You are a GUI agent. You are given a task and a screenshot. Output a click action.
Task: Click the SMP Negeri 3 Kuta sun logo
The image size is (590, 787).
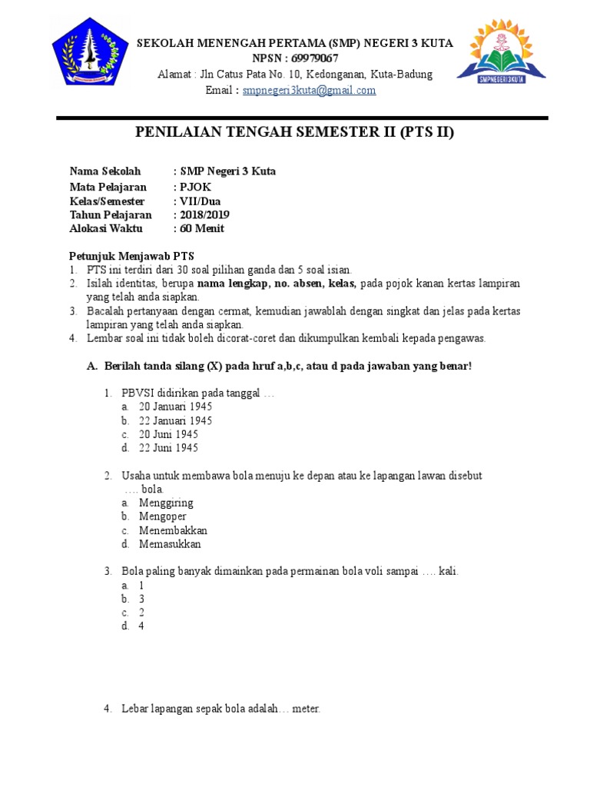pyautogui.click(x=501, y=55)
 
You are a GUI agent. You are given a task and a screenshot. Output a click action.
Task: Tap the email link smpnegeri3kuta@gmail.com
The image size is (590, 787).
pyautogui.click(x=309, y=91)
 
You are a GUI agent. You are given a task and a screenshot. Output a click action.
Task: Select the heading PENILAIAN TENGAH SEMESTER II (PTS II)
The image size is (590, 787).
pyautogui.click(x=295, y=132)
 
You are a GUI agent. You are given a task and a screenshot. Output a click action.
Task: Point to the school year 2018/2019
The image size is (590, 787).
pyautogui.click(x=204, y=215)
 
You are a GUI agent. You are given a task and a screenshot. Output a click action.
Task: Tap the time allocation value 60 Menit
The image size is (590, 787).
pyautogui.click(x=201, y=229)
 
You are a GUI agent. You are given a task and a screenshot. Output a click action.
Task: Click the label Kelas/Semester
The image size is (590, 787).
pyautogui.click(x=107, y=201)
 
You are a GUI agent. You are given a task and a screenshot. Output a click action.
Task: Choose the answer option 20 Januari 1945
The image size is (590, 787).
pyautogui.click(x=175, y=407)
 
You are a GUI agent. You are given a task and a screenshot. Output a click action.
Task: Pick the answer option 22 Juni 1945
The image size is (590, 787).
pyautogui.click(x=168, y=448)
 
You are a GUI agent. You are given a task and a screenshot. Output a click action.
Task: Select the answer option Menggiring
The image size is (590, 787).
pyautogui.click(x=166, y=503)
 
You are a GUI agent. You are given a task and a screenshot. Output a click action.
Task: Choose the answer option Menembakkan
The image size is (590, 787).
pyautogui.click(x=173, y=530)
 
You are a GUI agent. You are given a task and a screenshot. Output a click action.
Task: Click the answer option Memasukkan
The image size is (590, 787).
pyautogui.click(x=170, y=544)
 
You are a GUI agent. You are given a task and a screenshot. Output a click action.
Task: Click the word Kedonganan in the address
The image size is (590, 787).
pyautogui.click(x=335, y=75)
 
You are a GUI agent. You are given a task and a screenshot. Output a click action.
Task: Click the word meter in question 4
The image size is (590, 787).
pyautogui.click(x=306, y=709)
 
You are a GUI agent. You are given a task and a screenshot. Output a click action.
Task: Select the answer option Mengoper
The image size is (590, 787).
pyautogui.click(x=163, y=516)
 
